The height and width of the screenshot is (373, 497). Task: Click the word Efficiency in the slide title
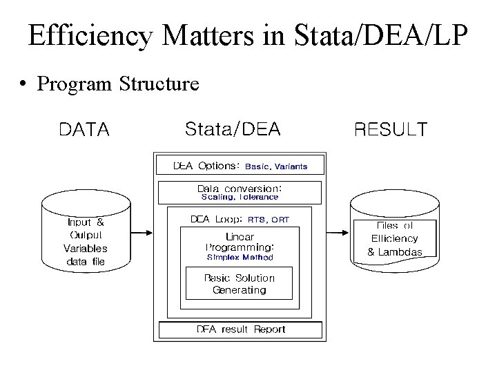click(90, 35)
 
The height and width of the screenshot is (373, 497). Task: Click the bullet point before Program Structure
click(24, 85)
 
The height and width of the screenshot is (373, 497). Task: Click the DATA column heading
click(84, 130)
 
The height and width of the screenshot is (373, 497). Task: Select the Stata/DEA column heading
click(233, 129)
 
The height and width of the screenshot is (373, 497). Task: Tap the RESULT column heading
click(391, 130)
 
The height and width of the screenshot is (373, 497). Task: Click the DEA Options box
click(240, 166)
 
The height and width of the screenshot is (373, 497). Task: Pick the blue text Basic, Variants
click(276, 167)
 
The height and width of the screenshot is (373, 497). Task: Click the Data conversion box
click(240, 192)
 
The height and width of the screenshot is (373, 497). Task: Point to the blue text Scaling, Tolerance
click(240, 198)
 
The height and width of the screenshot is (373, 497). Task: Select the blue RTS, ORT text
click(269, 220)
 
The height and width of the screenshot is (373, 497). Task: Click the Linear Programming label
click(240, 242)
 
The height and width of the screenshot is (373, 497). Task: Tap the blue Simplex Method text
click(240, 258)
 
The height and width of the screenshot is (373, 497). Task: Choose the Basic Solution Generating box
click(240, 284)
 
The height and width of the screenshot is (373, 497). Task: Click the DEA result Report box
click(240, 329)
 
